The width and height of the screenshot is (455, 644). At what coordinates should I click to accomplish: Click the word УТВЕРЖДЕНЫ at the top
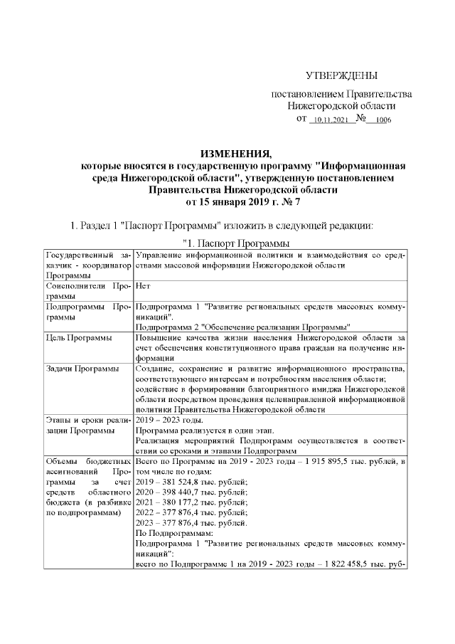point(341,76)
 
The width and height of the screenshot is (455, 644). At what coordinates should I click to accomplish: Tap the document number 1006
point(384,121)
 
